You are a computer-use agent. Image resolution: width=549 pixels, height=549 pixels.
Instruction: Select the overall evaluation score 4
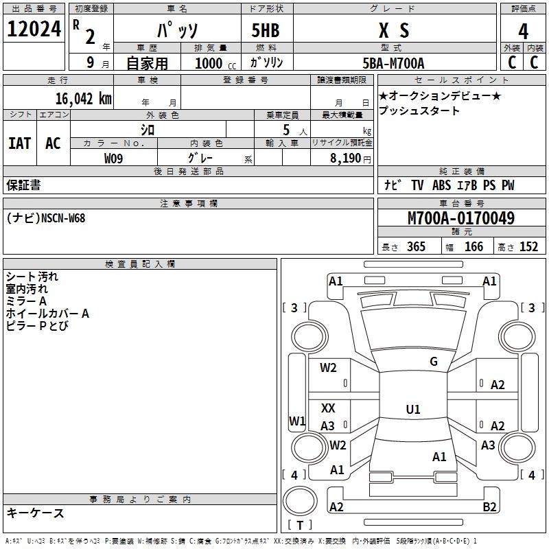pos(523,32)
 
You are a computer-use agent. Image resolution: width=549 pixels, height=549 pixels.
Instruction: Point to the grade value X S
pos(394,31)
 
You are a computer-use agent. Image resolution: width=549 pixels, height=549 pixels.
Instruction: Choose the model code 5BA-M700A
pos(393,64)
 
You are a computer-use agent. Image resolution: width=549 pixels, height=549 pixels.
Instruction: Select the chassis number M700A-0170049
pos(461,218)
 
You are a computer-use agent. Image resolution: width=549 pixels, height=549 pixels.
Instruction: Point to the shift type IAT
pos(20,143)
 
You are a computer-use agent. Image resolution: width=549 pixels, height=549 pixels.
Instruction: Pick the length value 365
pos(416,247)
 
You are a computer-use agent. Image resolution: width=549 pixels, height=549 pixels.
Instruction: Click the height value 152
pos(528,247)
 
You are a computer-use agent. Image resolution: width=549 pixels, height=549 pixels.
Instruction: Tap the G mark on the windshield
pos(434,361)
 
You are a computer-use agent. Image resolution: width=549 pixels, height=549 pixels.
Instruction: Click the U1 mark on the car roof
pos(413,410)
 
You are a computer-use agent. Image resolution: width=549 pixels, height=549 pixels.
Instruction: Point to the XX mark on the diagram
pos(329,408)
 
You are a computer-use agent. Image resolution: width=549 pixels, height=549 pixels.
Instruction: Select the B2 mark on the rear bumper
pos(489,507)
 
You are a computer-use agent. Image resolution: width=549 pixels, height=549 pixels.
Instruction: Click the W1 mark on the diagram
pos(297,421)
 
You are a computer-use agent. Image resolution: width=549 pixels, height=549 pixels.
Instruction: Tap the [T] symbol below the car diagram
pos(300,526)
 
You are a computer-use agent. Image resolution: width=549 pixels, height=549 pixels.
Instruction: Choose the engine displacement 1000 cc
pos(213,64)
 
